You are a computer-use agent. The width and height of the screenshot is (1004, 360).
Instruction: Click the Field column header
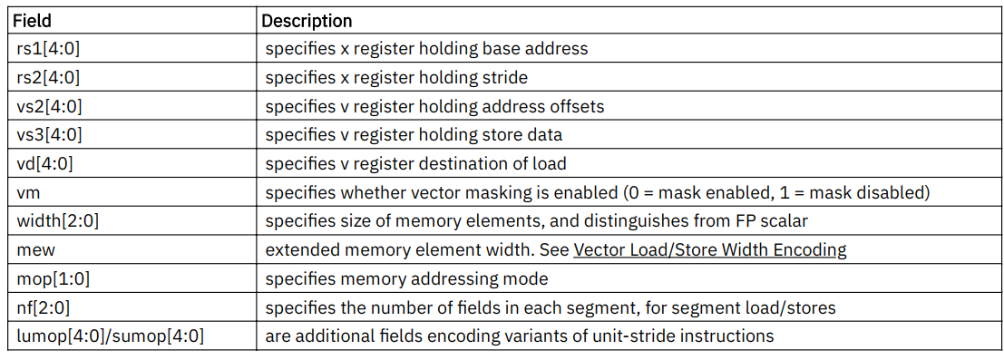[x=32, y=20]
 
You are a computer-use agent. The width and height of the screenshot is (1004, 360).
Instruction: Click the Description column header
[x=307, y=20]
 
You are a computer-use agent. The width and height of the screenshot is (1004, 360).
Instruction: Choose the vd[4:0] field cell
[x=44, y=164]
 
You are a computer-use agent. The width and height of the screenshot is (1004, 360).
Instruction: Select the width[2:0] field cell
[x=54, y=221]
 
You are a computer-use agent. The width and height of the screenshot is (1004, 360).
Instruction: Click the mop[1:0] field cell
[x=51, y=279]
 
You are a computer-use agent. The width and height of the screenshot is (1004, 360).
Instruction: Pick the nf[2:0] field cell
[x=44, y=307]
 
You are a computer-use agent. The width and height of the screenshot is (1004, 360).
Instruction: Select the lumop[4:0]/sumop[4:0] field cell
[x=108, y=336]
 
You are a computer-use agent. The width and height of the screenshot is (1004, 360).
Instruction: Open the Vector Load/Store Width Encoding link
[x=711, y=250]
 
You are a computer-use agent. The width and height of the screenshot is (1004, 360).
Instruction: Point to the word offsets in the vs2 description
[x=574, y=107]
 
